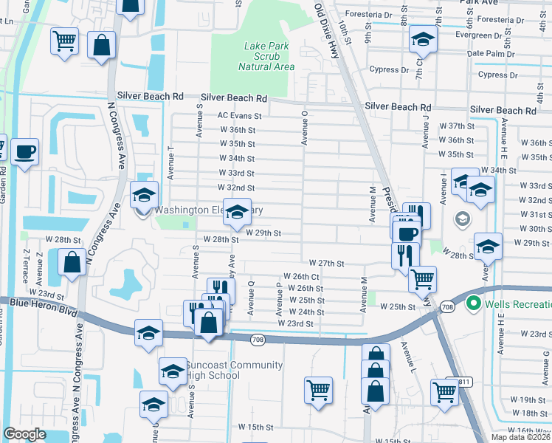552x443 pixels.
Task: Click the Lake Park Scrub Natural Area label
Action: coord(269,56)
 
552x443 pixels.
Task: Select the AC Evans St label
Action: coord(239,116)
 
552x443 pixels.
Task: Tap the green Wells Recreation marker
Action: coord(473,304)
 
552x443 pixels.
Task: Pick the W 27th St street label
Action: coord(327,263)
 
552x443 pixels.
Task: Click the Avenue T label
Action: coord(170,162)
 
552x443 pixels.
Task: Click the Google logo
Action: coord(25,434)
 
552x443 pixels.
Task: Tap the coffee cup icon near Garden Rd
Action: coord(25,152)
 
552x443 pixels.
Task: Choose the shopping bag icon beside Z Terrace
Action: coord(72,262)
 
